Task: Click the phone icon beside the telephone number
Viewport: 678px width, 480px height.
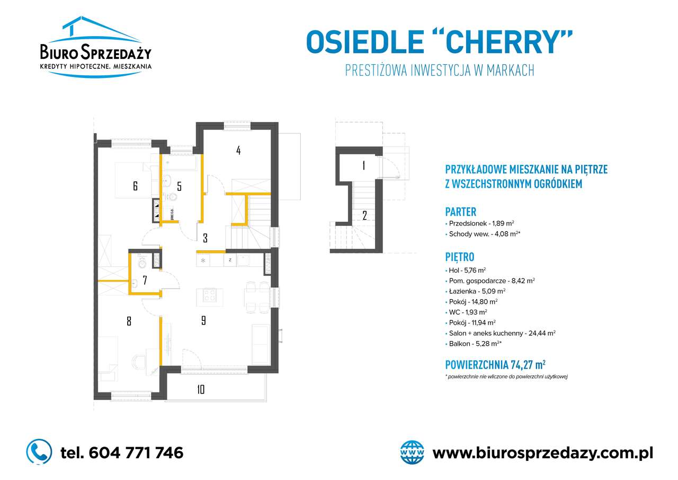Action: click(39, 452)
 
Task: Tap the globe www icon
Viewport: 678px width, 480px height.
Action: click(413, 452)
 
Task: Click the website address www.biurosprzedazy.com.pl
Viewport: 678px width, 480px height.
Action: click(542, 453)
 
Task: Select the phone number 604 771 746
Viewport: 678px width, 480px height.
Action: click(122, 453)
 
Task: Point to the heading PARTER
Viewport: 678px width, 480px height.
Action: click(461, 211)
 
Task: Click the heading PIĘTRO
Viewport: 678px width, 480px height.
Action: click(459, 257)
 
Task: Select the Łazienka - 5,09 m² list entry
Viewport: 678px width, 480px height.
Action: click(477, 291)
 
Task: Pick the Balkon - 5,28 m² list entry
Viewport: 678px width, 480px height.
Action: click(475, 343)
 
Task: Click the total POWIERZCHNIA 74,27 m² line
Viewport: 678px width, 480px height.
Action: click(495, 364)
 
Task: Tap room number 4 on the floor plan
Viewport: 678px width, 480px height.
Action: click(238, 150)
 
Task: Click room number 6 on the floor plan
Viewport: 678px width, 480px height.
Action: click(136, 186)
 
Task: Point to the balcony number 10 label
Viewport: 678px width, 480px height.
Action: click(201, 389)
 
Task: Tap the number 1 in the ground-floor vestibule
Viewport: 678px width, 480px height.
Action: click(363, 165)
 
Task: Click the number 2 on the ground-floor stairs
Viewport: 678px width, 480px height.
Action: click(364, 215)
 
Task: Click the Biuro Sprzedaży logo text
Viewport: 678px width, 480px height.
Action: click(96, 53)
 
